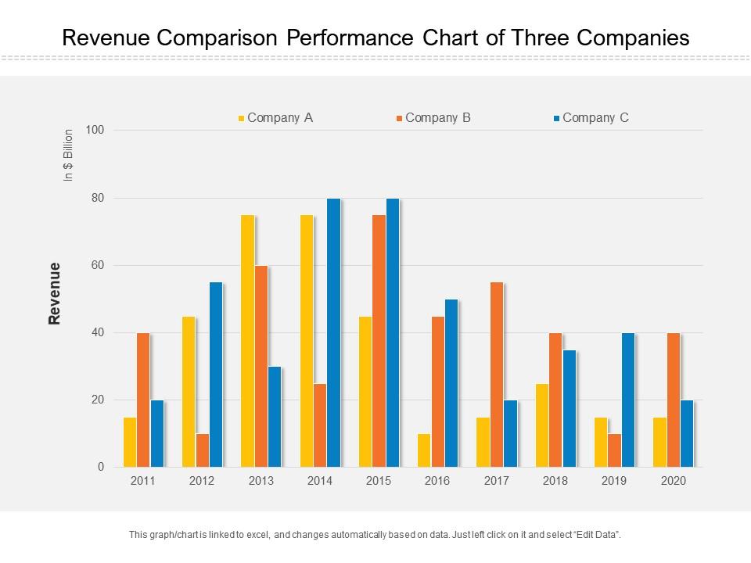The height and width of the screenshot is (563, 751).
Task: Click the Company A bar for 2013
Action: tap(247, 341)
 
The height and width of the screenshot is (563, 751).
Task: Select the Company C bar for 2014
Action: tap(333, 333)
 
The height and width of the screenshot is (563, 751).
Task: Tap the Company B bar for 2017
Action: tap(496, 375)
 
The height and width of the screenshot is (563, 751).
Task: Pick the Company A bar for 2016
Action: tap(423, 450)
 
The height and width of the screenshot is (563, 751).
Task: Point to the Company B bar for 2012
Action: tap(202, 450)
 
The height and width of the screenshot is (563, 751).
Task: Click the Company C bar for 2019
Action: tap(627, 400)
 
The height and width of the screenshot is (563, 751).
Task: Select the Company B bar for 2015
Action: tap(379, 341)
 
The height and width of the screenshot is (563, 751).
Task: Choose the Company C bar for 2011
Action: tap(156, 434)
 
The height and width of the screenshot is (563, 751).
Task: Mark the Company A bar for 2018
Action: tap(541, 425)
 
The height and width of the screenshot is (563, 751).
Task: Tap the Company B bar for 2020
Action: tap(673, 400)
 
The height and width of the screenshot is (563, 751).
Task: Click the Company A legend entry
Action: tap(275, 118)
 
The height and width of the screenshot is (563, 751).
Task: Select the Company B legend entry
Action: tap(433, 118)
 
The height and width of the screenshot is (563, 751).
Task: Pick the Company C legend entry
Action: tap(591, 118)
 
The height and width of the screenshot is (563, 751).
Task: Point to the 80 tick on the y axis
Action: tap(97, 198)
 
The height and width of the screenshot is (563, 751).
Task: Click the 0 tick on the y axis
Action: tap(101, 467)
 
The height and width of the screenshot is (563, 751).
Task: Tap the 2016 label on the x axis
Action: tap(437, 481)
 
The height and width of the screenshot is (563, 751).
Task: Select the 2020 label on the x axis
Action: tap(673, 481)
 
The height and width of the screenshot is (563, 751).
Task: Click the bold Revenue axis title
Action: tap(55, 293)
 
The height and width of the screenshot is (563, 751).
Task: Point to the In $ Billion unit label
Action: tap(68, 156)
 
